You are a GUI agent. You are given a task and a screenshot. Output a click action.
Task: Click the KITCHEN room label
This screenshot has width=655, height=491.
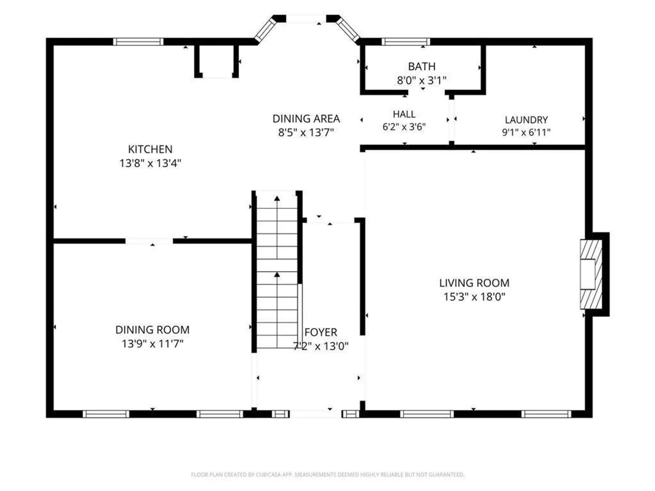150,149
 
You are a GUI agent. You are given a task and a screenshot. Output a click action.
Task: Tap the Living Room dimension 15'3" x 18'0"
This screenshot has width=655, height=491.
474,297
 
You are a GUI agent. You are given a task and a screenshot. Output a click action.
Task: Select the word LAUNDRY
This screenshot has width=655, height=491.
526,120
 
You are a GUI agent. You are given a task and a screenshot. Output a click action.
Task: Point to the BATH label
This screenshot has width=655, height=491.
422,66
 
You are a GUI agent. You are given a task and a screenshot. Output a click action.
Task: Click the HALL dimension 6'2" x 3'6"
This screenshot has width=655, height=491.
404,127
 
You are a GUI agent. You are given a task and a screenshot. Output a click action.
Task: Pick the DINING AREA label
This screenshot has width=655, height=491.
306,119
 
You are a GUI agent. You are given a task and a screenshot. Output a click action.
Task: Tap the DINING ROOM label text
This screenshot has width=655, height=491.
152,330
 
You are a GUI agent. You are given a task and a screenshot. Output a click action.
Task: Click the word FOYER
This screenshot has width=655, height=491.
321,332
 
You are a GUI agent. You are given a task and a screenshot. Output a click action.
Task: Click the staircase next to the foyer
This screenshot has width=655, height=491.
277,270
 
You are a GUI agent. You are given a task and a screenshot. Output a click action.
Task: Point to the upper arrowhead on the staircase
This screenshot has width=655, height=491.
277,198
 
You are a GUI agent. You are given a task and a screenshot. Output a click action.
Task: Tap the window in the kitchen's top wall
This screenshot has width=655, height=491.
138,42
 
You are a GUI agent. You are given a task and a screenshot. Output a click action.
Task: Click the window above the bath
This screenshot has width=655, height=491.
406,42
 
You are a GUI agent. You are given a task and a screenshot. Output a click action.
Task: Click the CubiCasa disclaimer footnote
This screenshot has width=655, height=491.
327,474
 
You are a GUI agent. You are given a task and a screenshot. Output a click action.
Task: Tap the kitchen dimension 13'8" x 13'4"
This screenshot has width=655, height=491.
150,163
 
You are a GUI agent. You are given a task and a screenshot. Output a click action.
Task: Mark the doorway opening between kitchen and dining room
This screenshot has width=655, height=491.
149,241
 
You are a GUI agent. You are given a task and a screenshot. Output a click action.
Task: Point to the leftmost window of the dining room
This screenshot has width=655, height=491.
106,414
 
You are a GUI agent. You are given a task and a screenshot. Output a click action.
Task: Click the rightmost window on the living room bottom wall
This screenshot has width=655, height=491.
546,414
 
